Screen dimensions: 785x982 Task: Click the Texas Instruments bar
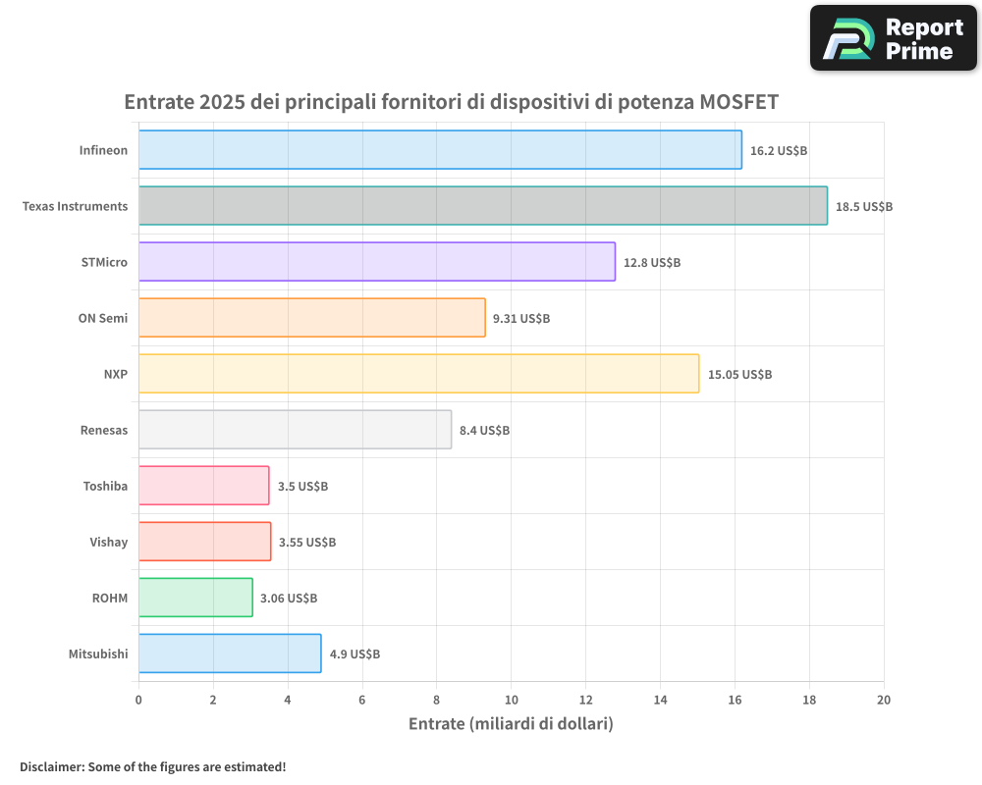click(482, 206)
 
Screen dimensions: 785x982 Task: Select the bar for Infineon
click(440, 150)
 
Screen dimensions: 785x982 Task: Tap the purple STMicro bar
click(376, 262)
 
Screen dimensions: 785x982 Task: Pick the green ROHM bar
click(195, 598)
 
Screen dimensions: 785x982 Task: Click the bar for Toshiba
click(203, 486)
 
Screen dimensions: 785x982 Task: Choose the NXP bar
click(418, 374)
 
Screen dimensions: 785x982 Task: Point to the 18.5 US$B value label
click(863, 207)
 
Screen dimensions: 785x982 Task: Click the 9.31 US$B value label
click(520, 319)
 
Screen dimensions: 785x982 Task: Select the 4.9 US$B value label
click(355, 654)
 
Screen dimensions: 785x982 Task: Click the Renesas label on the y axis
click(103, 430)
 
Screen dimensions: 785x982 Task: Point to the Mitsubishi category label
click(97, 654)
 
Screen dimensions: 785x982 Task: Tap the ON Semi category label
click(102, 318)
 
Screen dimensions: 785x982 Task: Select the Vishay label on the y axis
click(108, 542)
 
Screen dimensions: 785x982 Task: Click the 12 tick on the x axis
click(585, 700)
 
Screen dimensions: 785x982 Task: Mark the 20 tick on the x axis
click(883, 700)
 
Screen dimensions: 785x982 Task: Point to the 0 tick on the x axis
click(138, 700)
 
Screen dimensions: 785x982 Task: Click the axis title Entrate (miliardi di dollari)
click(511, 724)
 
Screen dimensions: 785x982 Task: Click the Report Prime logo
click(893, 38)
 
